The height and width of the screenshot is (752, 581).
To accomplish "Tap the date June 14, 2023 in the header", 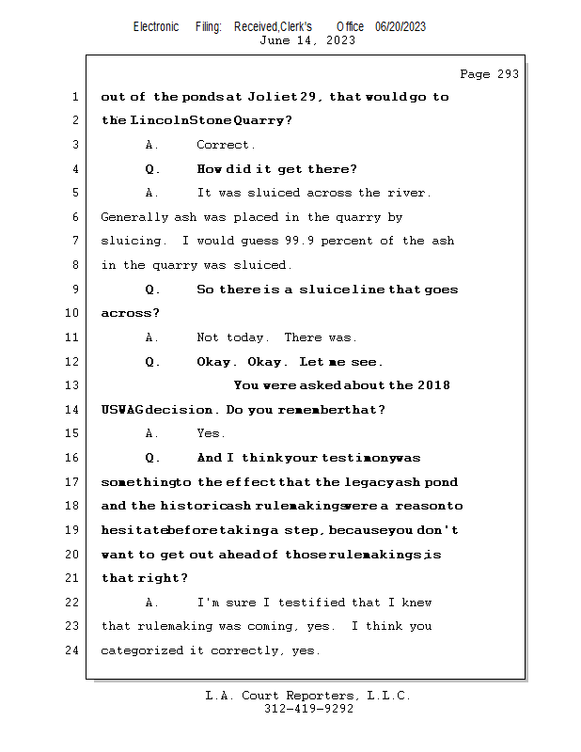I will [307, 40].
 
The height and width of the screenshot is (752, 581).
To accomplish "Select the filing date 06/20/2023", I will [400, 26].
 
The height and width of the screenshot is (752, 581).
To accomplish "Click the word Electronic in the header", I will [156, 26].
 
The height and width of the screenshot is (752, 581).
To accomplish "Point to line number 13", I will [74, 385].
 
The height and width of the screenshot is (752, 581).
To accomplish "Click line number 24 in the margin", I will [74, 650].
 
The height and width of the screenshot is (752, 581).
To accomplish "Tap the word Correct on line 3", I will [224, 145].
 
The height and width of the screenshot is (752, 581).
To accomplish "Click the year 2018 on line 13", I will [433, 385].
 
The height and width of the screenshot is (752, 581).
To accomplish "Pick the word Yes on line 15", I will [209, 433].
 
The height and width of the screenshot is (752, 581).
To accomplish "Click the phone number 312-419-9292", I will [308, 709].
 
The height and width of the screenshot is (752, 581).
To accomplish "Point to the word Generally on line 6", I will [135, 217].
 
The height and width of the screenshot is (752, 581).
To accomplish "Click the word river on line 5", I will [407, 193].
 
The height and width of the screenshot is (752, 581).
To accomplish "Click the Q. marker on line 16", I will [153, 458].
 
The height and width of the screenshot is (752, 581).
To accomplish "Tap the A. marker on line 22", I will [153, 602].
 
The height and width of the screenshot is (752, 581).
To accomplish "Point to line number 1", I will [74, 97].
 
